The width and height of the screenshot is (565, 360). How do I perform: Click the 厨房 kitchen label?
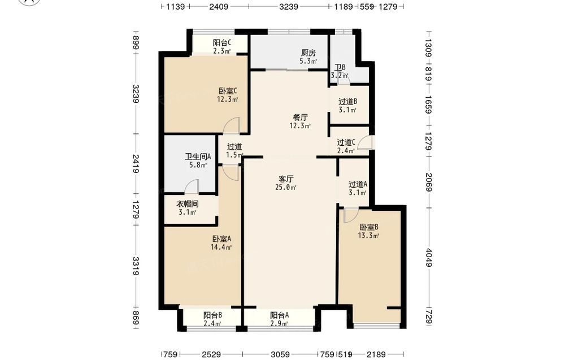(308, 53)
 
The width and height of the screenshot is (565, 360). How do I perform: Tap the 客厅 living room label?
(286, 179)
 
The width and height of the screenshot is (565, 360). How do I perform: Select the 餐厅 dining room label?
(300, 118)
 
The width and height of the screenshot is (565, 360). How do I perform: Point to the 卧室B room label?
(369, 227)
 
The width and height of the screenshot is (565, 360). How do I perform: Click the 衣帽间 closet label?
(188, 204)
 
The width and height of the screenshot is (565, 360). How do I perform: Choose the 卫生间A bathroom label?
(198, 157)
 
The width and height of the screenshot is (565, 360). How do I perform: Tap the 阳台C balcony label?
(222, 42)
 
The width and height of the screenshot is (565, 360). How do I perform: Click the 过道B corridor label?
(347, 102)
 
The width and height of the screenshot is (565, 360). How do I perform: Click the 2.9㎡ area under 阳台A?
(280, 324)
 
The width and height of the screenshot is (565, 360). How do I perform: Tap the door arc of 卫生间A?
(192, 187)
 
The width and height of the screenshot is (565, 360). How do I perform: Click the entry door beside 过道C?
(367, 142)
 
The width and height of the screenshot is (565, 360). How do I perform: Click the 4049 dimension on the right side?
(428, 258)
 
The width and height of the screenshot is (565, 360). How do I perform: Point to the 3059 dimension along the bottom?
(280, 354)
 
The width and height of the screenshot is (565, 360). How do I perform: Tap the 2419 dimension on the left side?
(136, 164)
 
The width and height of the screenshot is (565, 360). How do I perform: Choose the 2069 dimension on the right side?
(428, 183)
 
